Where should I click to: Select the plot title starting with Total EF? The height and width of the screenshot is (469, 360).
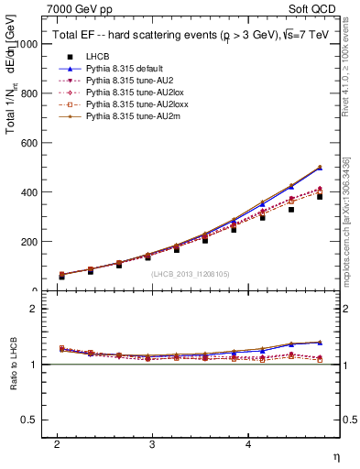point(183,36)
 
